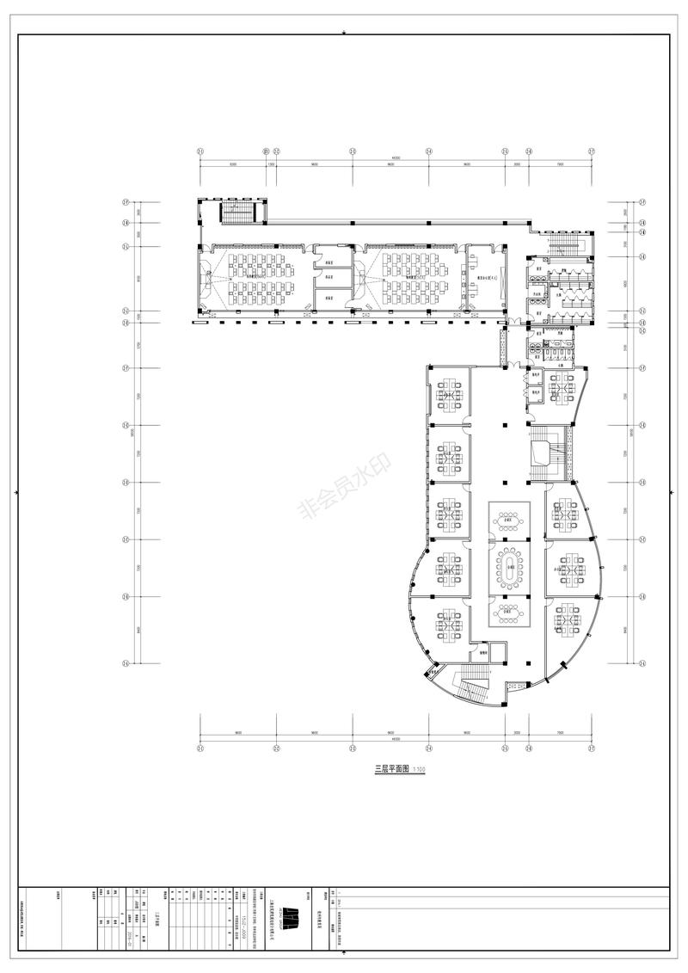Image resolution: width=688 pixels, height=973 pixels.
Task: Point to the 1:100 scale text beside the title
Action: click(x=419, y=769)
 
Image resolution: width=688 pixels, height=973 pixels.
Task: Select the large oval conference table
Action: click(x=511, y=567)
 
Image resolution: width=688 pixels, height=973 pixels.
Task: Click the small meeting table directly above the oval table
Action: click(x=511, y=520)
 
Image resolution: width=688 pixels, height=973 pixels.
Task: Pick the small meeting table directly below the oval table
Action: click(x=511, y=613)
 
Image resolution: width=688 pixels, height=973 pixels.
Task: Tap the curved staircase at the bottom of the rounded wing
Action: click(x=470, y=687)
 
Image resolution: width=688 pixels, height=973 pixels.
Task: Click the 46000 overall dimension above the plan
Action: click(x=396, y=157)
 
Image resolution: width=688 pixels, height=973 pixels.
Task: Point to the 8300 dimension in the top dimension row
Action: click(x=233, y=164)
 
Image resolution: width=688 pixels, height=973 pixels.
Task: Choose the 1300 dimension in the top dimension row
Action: click(x=272, y=164)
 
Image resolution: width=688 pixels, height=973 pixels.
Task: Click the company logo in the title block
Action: click(x=293, y=918)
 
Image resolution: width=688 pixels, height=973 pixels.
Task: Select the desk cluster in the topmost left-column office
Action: click(x=448, y=395)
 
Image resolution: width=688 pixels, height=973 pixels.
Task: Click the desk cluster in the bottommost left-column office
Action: click(x=448, y=625)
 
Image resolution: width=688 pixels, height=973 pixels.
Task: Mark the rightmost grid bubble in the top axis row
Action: click(x=592, y=151)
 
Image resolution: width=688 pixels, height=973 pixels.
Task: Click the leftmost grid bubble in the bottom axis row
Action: click(x=200, y=748)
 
